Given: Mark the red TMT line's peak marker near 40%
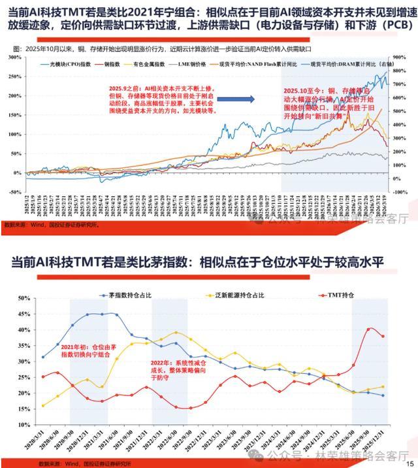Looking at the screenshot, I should (x=370, y=329).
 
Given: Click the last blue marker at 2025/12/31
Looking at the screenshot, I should (x=383, y=395).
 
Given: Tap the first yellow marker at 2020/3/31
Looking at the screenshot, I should (x=43, y=406).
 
